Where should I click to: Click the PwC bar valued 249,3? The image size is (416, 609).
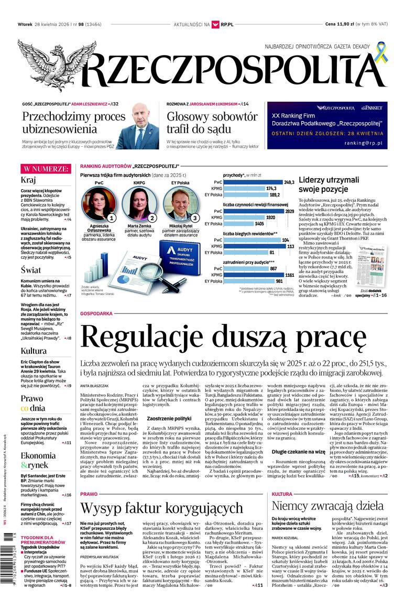coord(253,182)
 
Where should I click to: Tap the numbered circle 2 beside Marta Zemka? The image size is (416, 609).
coord(152,217)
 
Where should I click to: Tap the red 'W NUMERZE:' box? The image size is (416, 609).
coord(45,169)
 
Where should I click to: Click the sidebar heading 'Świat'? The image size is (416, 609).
coord(31,270)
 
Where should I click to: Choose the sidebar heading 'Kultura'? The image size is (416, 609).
coord(34,351)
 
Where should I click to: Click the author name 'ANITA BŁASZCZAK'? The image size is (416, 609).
coord(95,385)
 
